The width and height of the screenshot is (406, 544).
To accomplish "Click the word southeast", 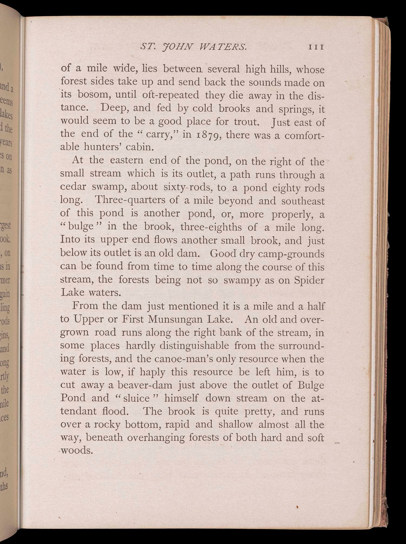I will [x=303, y=201].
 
